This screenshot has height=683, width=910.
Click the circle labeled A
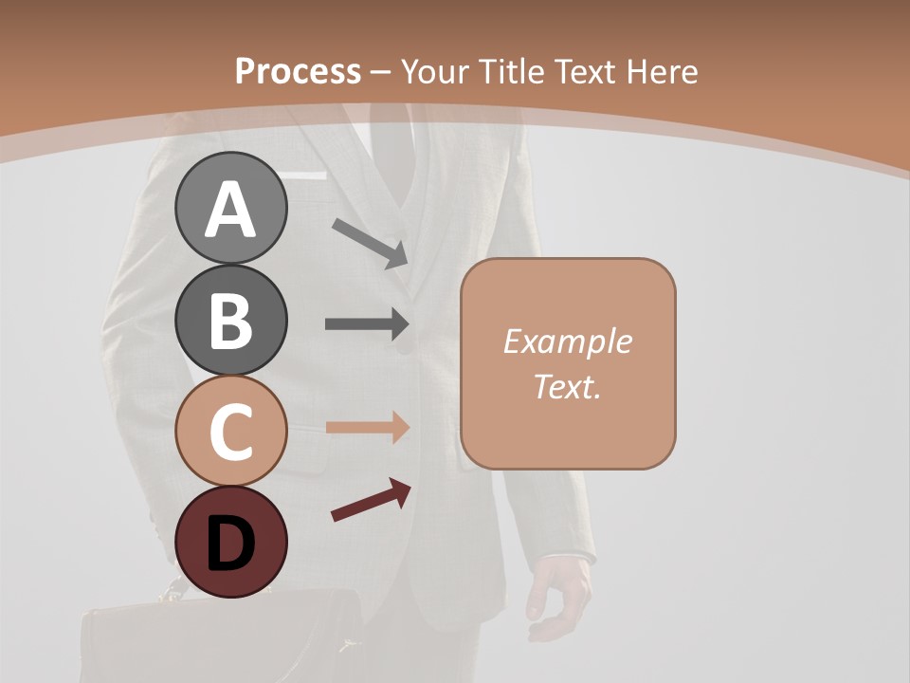click(x=230, y=208)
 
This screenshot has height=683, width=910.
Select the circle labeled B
click(x=230, y=320)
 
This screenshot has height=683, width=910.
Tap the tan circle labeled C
click(x=230, y=431)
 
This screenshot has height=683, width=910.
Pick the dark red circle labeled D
click(x=230, y=542)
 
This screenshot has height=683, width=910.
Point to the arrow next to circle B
click(x=367, y=323)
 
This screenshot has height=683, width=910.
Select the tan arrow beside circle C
click(x=367, y=427)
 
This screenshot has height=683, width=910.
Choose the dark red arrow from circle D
click(x=371, y=500)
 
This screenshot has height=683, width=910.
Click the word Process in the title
click(x=298, y=71)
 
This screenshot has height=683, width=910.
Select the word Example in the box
click(x=567, y=341)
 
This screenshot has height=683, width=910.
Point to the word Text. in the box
click(x=567, y=386)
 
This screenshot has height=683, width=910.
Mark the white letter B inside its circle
click(x=230, y=320)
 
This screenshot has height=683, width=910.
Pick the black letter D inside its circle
click(x=230, y=544)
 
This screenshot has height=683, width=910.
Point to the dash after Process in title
click(x=380, y=72)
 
